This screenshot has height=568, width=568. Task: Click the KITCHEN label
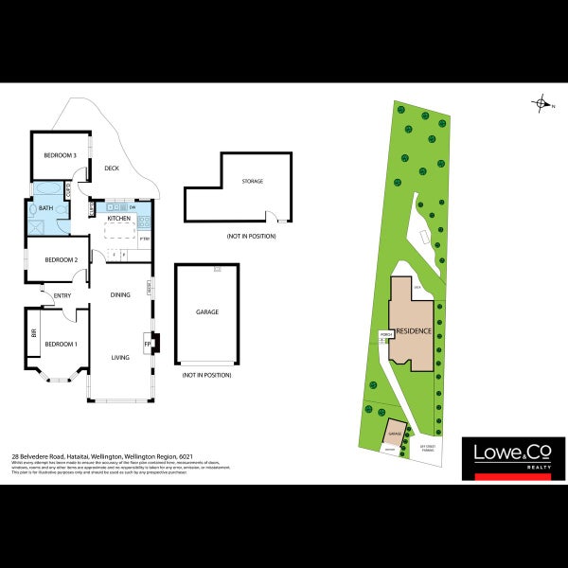pos(118,219)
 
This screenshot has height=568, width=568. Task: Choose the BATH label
pos(45,207)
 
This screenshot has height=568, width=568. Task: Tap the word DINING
pos(120,295)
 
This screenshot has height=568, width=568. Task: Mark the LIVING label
pos(120,357)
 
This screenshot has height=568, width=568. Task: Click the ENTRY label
pos(62,296)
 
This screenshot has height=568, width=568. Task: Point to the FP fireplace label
pos(147,345)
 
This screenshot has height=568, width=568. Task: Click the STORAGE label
pos(252,181)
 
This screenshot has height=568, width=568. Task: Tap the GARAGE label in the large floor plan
pos(206,311)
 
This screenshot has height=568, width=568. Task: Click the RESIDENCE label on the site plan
pos(414,331)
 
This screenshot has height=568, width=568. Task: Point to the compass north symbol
pos(541,104)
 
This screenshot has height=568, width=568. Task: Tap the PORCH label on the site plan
pos(385,334)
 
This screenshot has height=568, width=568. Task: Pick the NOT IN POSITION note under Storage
pos(251,235)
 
